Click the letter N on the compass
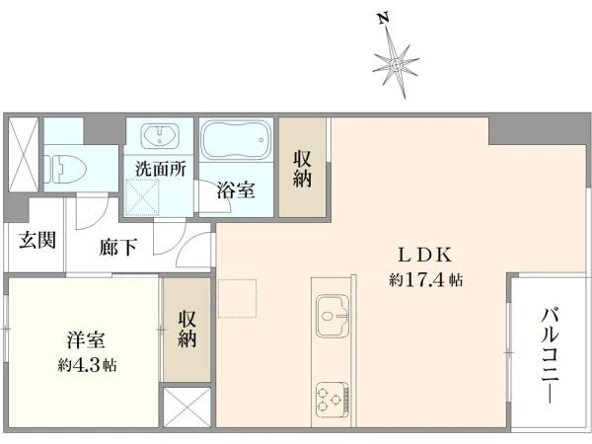384,18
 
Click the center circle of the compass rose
396,65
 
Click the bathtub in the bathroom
236,139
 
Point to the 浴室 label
235,190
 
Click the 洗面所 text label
161,169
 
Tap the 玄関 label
37,240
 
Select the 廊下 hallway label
117,248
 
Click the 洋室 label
86,340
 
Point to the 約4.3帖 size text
87,365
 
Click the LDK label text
425,256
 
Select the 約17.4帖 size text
426,280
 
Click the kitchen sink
333,317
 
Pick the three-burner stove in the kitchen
332,400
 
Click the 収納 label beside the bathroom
302,169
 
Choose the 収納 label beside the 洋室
187,329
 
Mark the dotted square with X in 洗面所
143,196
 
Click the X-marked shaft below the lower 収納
187,407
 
